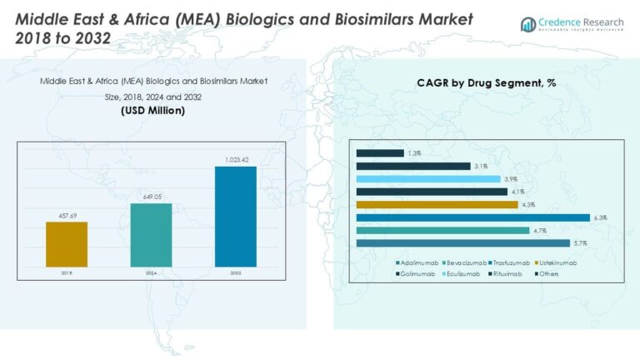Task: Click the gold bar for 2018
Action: pyautogui.click(x=67, y=244)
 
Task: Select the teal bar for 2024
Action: pyautogui.click(x=151, y=235)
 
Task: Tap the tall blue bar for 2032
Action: pyautogui.click(x=235, y=217)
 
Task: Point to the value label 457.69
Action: pyautogui.click(x=67, y=216)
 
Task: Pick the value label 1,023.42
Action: pyautogui.click(x=235, y=160)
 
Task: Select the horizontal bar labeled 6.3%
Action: pyautogui.click(x=472, y=217)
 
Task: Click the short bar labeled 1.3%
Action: pyautogui.click(x=380, y=153)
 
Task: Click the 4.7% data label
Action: pyautogui.click(x=539, y=231)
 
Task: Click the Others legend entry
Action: pyautogui.click(x=547, y=273)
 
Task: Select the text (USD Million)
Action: pyautogui.click(x=152, y=111)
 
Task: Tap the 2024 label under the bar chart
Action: pyautogui.click(x=151, y=272)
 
